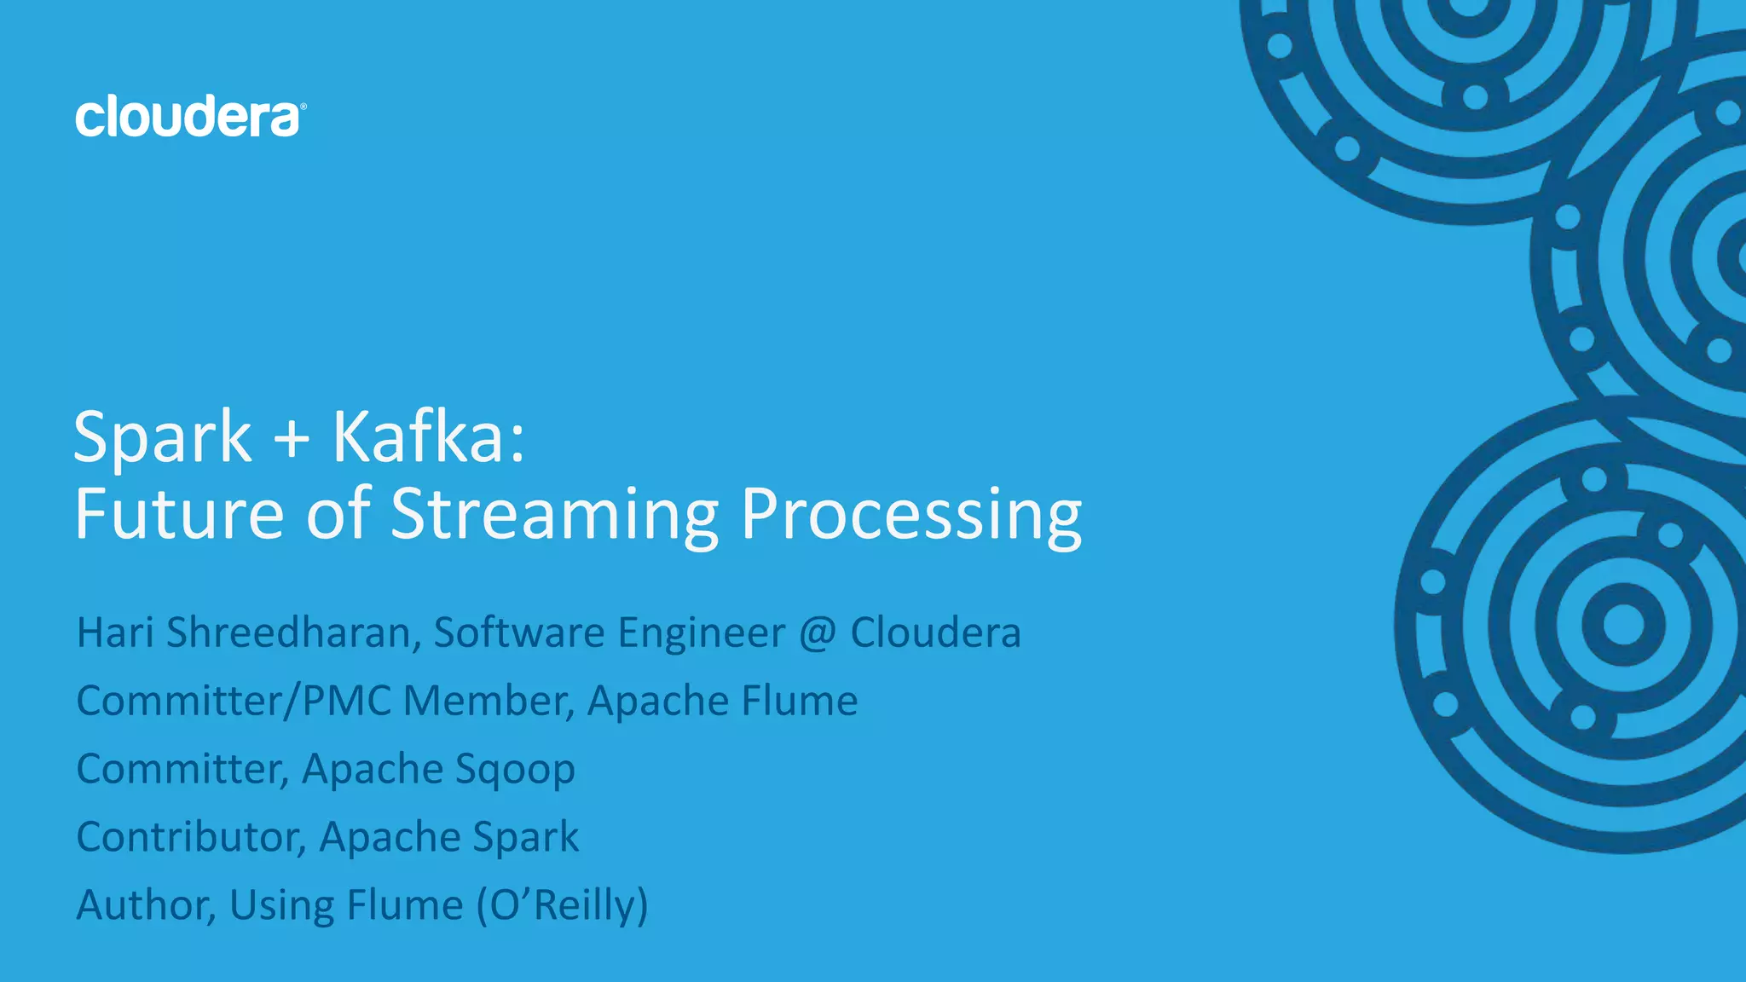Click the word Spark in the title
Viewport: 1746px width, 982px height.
162,437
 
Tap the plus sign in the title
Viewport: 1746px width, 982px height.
292,439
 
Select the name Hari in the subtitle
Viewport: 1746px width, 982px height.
115,633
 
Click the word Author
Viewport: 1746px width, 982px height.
145,905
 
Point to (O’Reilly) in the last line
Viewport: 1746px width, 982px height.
562,905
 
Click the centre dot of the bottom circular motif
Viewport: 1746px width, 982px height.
1623,626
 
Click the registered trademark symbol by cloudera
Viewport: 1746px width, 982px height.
304,107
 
